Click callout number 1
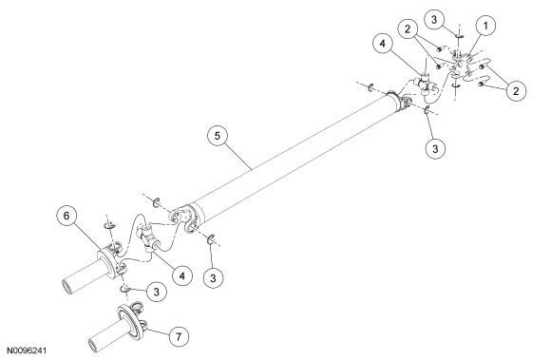click(485, 26)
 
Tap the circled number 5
click(218, 136)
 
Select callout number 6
click(66, 216)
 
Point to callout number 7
click(179, 337)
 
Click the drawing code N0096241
click(27, 351)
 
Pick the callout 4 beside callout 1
click(382, 44)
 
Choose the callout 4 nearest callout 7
click(182, 276)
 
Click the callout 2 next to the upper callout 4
click(408, 29)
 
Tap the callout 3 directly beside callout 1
click(434, 20)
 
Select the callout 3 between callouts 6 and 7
click(157, 292)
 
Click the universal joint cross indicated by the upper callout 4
click(426, 85)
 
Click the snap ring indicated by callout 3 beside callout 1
click(459, 36)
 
